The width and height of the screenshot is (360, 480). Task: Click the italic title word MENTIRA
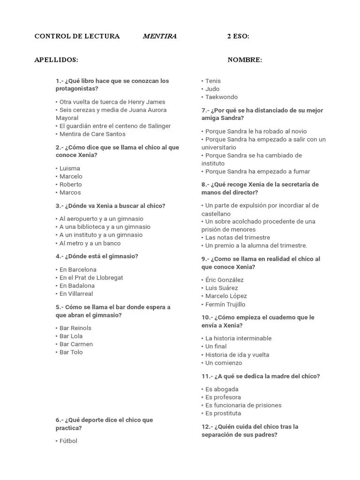tap(159, 37)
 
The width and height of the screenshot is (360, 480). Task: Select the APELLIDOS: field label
tap(56, 60)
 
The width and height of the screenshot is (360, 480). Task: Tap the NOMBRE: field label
tap(245, 60)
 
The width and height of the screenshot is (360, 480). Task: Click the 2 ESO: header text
tap(238, 37)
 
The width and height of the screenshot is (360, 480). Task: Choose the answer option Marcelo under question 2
tap(70, 176)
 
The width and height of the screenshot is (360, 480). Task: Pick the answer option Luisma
tap(69, 168)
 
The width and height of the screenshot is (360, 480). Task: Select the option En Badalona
tap(76, 285)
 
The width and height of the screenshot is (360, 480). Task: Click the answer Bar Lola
tap(71, 336)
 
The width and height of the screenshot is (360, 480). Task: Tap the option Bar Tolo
tap(71, 352)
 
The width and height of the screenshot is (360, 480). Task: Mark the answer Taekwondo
tap(221, 97)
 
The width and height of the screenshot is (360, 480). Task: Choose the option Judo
tap(212, 89)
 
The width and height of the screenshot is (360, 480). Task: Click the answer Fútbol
tap(68, 441)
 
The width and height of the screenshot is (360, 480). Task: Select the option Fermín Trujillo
tap(225, 304)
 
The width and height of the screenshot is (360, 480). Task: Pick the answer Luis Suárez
tap(221, 288)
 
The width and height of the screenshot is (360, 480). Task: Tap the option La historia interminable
tap(238, 338)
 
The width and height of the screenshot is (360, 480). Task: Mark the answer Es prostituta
tap(223, 413)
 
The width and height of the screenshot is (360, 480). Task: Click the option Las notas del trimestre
tap(237, 237)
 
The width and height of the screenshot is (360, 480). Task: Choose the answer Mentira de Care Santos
tap(92, 134)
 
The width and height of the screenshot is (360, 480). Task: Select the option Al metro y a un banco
tap(90, 243)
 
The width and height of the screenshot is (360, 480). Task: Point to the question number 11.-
tap(207, 376)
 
